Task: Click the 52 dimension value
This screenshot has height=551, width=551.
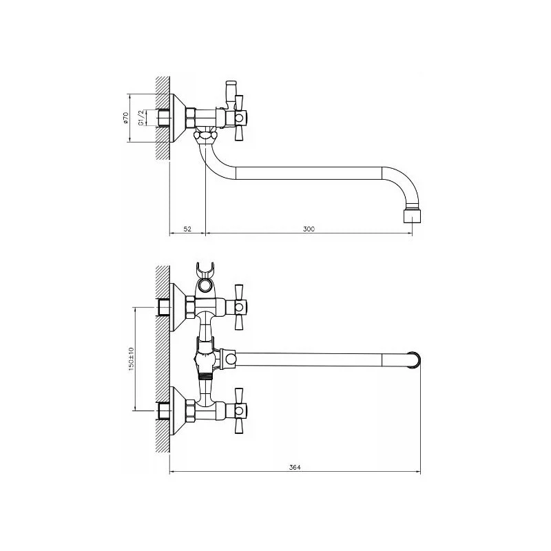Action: click(x=187, y=229)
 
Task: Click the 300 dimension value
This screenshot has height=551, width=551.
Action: click(x=309, y=229)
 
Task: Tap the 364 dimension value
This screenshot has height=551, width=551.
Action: click(x=295, y=468)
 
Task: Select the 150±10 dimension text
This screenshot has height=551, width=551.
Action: click(x=131, y=359)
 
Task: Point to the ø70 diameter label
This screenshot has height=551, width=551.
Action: click(x=126, y=118)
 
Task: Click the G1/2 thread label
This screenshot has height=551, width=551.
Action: click(x=141, y=118)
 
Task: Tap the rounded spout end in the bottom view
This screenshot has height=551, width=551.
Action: click(x=415, y=360)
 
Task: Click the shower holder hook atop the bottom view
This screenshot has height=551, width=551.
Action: click(x=204, y=269)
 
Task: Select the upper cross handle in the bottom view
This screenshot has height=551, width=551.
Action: click(x=239, y=307)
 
